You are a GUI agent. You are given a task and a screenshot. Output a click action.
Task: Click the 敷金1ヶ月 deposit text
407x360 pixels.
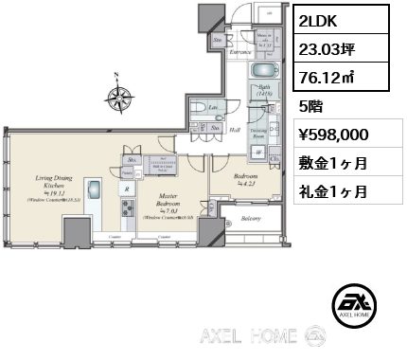tap(334, 163)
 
